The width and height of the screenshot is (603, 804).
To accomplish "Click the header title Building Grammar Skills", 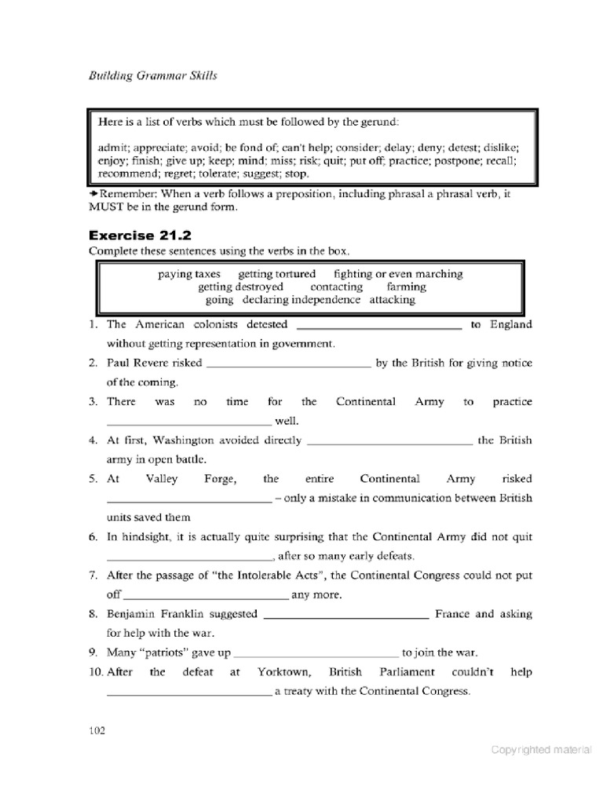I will (149, 75).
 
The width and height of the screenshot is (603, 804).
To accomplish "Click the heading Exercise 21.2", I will (140, 235).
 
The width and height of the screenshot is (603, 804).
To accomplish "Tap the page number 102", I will (97, 730).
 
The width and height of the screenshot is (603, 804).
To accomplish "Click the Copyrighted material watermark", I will (541, 749).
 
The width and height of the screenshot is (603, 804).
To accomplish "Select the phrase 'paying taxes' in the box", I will (189, 274).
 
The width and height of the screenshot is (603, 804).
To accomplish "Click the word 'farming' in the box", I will (406, 287).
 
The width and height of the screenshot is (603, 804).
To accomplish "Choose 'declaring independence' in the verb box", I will (301, 299).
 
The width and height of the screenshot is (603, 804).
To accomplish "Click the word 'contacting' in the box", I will (336, 287).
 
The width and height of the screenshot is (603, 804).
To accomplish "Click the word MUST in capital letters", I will (107, 207).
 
